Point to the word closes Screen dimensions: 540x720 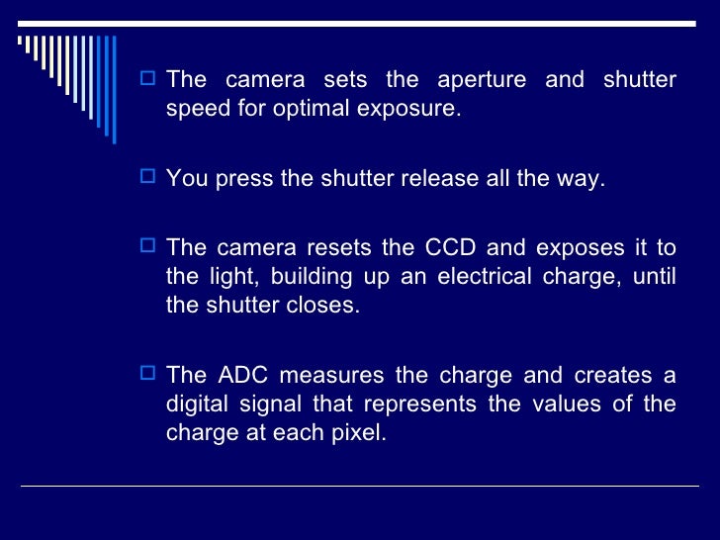tap(327, 305)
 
